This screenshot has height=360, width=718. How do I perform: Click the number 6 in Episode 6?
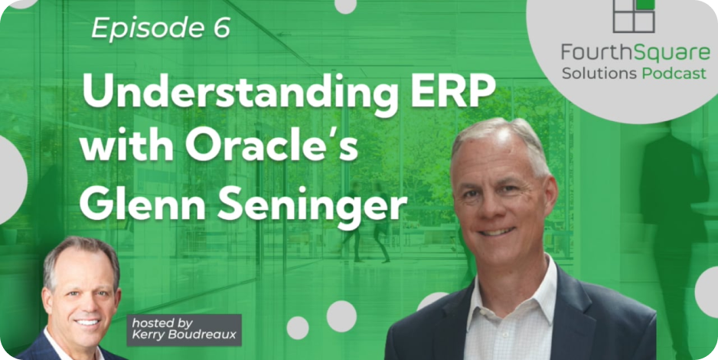coord(220,29)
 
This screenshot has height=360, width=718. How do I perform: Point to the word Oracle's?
coord(271,145)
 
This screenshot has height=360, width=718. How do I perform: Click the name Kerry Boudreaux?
coord(184,335)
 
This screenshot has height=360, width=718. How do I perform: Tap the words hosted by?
coord(162,323)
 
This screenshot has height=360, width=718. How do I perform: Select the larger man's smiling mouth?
coord(497,231)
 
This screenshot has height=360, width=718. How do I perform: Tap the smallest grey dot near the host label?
coord(298,328)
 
